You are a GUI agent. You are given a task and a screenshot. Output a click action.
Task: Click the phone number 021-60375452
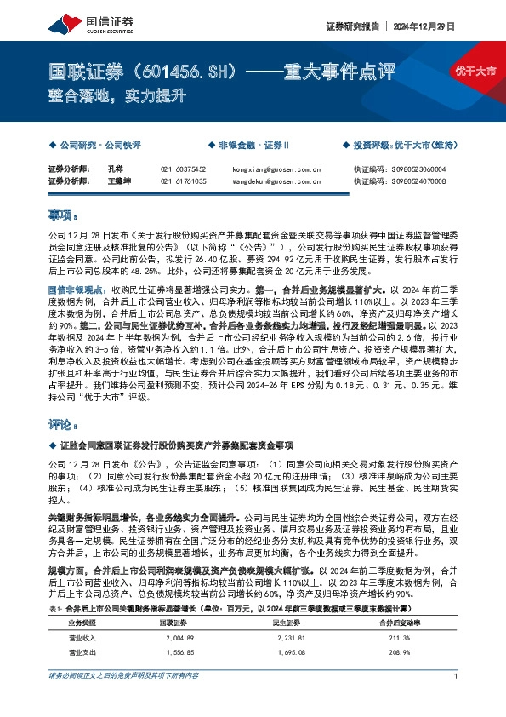coord(183,169)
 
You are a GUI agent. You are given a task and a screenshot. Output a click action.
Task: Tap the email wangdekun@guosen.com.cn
coord(276,181)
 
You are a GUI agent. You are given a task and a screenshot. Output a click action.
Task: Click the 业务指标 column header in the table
coord(82,599)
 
